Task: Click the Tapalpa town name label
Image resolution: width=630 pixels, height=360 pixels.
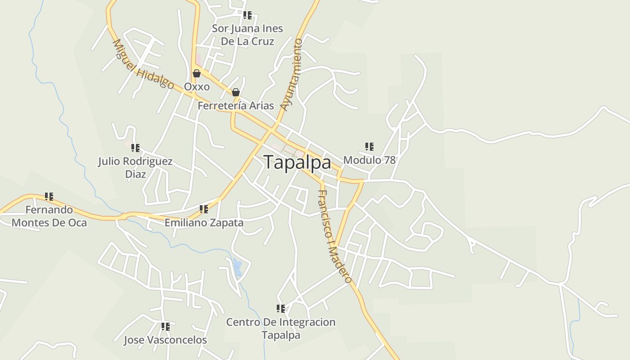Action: pos(297,162)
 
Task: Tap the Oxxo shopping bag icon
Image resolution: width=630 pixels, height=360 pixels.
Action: pos(197,73)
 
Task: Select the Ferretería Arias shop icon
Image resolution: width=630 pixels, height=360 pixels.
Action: pos(235,93)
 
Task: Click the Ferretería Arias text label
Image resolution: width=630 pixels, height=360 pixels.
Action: pos(236,106)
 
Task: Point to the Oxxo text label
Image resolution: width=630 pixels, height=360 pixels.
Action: pos(197,86)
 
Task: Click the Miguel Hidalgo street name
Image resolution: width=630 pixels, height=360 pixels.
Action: pos(143,64)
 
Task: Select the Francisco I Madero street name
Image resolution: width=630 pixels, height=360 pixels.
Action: pos(334,237)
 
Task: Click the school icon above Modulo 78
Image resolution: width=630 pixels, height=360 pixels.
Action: pos(369,146)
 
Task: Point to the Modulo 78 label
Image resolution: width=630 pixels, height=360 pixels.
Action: pos(369,160)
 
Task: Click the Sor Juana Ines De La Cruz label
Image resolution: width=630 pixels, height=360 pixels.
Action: pos(247,35)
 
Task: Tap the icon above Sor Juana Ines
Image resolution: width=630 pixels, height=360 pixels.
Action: pos(247,15)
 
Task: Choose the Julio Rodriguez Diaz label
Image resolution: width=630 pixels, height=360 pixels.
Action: pos(135,167)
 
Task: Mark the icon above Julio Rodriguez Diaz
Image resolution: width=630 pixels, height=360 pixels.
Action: pos(135,148)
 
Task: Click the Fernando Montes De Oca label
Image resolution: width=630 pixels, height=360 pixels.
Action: pos(49,216)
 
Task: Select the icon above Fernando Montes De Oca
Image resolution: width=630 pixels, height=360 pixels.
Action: pos(49,196)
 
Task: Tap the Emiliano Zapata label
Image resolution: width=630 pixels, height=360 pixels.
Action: pos(204,222)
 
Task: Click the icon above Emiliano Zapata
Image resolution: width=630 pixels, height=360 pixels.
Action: pos(203,209)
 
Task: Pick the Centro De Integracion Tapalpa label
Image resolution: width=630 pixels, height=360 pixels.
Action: pos(281,328)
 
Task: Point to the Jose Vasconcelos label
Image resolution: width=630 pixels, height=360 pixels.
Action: pos(165,340)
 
